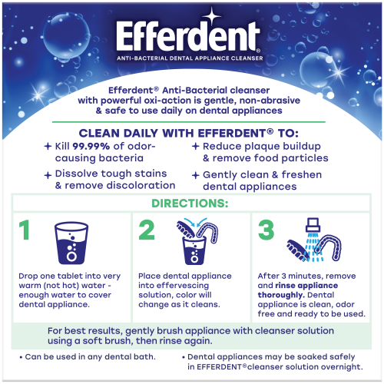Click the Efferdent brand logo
coord(188,36)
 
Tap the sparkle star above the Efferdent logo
coord(212,16)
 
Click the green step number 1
coord(25,230)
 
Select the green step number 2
coord(147,230)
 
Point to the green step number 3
coord(266,230)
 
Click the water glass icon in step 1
coord(71,243)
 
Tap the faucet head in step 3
coord(313,225)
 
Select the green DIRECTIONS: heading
coord(190,204)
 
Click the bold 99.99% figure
coord(91,146)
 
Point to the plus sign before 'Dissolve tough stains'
coord(48,175)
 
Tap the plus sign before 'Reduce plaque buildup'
coord(196,146)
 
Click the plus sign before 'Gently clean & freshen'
coord(196,175)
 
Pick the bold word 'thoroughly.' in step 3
coord(281,295)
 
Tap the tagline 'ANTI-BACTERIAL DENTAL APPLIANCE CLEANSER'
coord(190,58)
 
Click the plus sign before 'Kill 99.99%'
coord(48,146)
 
